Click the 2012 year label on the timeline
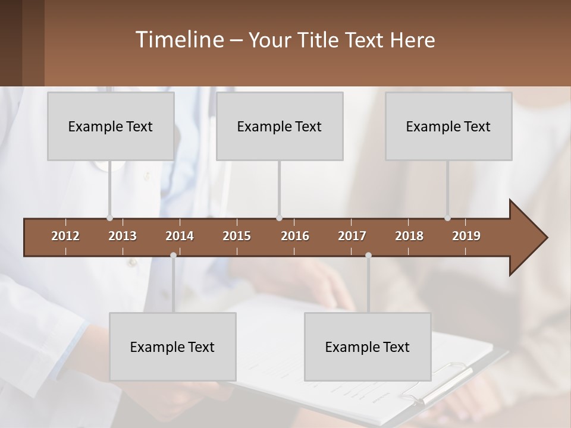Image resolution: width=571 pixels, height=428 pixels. (65, 236)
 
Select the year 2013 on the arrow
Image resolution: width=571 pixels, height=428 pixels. (123, 236)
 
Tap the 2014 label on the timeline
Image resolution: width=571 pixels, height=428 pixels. (180, 236)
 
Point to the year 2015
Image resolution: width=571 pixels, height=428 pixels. (237, 236)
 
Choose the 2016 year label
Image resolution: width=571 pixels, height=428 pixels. (295, 236)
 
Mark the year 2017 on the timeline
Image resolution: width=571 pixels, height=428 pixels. (352, 236)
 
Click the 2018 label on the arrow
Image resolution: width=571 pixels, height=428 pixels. (409, 236)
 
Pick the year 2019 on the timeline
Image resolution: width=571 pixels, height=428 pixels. (466, 236)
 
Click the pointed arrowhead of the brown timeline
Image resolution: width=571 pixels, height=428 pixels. (529, 238)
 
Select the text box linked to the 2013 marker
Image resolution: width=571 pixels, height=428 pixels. (111, 126)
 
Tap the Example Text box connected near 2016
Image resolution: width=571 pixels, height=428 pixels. (280, 126)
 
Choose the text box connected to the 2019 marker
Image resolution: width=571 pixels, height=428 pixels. (448, 126)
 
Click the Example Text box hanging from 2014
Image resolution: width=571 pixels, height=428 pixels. (172, 347)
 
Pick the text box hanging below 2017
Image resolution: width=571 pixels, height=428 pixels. (368, 347)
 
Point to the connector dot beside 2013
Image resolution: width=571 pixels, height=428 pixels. (109, 218)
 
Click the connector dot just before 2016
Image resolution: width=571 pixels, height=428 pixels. (280, 218)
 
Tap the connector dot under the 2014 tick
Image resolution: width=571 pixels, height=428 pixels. (173, 256)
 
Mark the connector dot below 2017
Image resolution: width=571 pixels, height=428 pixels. (368, 256)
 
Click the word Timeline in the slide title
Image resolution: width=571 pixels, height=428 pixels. (179, 40)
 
